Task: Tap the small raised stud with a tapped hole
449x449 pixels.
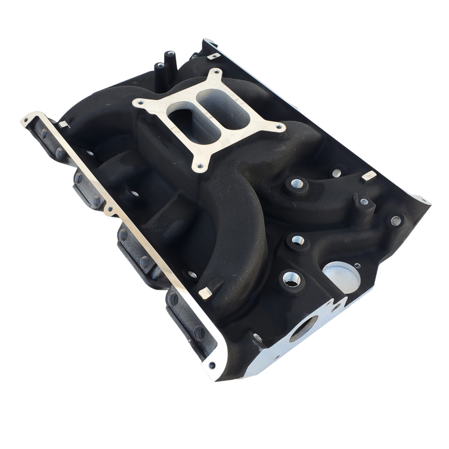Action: (x=364, y=201)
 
